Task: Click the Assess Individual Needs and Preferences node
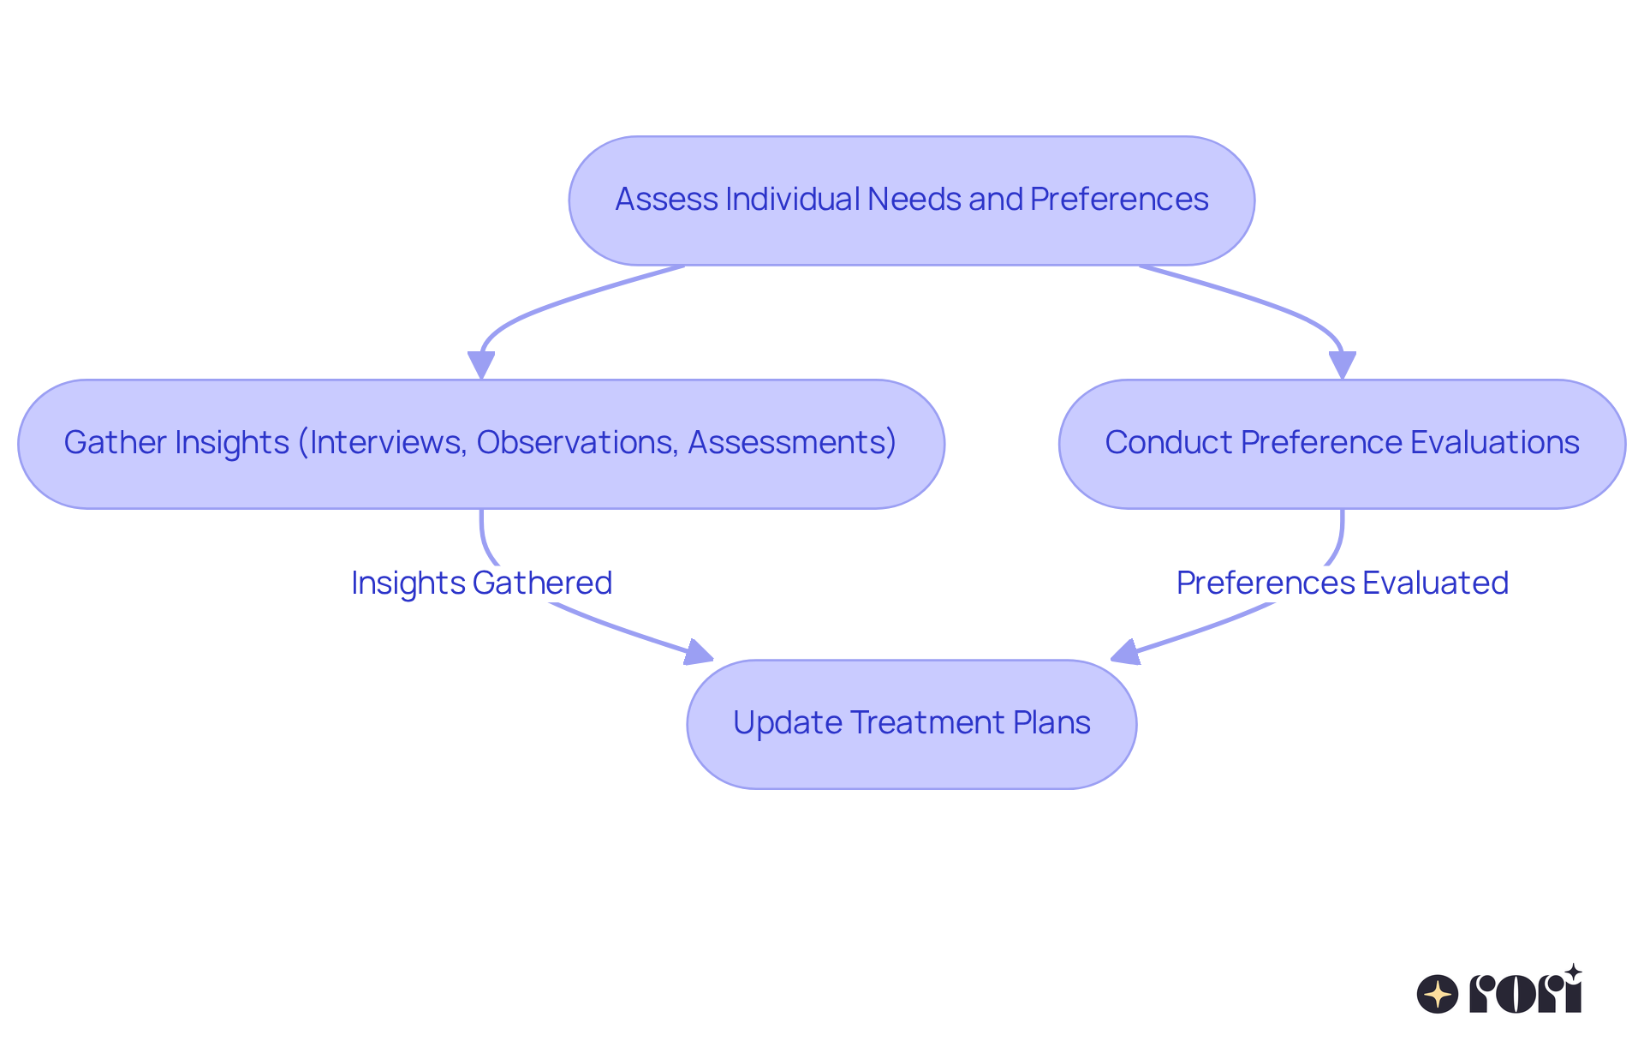[x=911, y=200]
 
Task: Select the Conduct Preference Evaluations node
[x=1341, y=443]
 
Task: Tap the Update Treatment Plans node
[x=911, y=723]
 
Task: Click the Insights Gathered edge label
[x=481, y=583]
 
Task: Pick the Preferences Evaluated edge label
[x=1342, y=583]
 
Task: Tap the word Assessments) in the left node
[x=791, y=443]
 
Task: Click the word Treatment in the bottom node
[x=928, y=723]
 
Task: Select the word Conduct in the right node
[x=1168, y=443]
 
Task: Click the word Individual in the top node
[x=792, y=200]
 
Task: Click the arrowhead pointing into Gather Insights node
[x=481, y=365]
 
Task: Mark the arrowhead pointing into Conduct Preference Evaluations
[x=1342, y=365]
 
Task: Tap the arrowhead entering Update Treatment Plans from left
[x=699, y=653]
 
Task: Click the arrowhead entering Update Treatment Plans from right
[x=1125, y=653]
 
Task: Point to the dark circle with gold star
[x=1437, y=994]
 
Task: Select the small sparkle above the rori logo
[x=1572, y=972]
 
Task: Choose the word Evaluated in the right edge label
[x=1435, y=583]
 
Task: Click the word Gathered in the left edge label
[x=542, y=583]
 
